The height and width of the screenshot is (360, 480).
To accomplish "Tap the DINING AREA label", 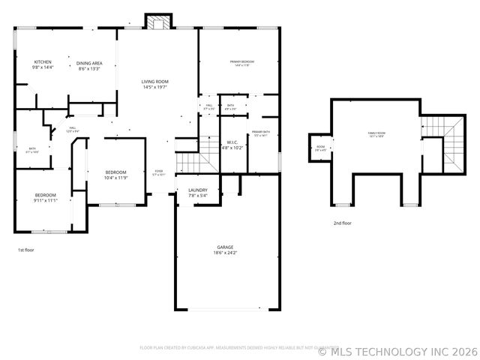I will point(90,63).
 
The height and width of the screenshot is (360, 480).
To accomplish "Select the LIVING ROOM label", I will point(155,81).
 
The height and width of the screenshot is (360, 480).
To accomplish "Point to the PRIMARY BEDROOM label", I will point(239,61).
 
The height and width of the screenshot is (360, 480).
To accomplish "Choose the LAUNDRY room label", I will point(198,190).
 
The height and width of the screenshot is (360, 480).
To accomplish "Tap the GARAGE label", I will point(225,247).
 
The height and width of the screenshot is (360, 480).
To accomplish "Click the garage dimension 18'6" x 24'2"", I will point(225,253).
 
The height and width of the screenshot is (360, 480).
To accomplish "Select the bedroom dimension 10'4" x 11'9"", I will point(115,178).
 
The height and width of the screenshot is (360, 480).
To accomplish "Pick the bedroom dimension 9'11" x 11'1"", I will point(45,200).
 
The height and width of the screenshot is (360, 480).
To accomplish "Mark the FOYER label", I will point(159,171).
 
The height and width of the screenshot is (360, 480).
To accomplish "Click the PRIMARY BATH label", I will point(261,131).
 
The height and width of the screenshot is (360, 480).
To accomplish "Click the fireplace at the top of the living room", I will point(157,22).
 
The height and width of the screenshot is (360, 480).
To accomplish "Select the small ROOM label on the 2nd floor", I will point(320,146).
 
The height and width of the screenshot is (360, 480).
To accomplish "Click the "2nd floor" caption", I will point(342,223).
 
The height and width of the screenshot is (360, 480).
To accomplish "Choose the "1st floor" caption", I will point(25,249).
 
